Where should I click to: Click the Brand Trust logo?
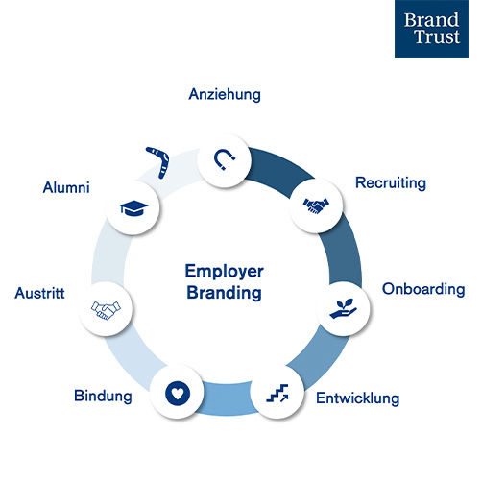[431, 29]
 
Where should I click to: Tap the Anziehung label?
[225, 95]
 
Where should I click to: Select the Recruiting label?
[391, 183]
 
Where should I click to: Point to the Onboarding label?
[423, 289]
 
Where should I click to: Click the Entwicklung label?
[358, 398]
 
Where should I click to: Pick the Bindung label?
[103, 396]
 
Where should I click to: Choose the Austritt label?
[39, 293]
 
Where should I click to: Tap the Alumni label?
[66, 187]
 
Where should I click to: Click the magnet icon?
[224, 159]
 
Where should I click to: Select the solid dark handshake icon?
[316, 205]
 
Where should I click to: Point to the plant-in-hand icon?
[343, 308]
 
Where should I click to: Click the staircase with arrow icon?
[277, 393]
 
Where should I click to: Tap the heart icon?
[178, 394]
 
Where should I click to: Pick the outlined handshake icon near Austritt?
[106, 310]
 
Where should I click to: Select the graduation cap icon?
[134, 208]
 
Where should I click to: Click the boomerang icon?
[159, 160]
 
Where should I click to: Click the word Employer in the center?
[225, 272]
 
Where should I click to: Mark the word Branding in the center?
[224, 293]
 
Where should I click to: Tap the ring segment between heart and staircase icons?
[228, 398]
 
